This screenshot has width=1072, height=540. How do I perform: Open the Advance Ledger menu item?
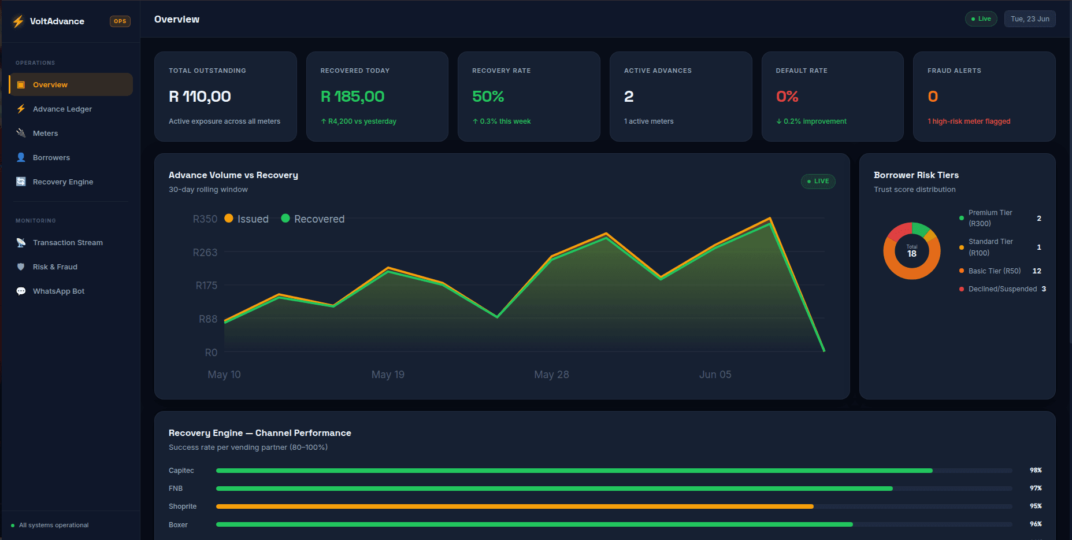62,109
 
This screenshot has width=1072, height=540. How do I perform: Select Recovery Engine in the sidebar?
63,182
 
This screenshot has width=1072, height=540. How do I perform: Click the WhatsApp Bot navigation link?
58,291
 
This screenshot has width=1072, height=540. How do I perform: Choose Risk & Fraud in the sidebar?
55,267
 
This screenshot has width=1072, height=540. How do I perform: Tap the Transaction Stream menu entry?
68,242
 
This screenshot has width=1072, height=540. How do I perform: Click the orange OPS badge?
120,21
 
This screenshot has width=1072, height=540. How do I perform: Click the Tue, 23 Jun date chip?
1030,19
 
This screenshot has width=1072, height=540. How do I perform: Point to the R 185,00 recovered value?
353,97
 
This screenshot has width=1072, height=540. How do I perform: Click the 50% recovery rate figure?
488,97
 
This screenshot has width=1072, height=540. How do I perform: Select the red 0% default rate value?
787,97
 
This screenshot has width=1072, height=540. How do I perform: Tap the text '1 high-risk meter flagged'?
969,121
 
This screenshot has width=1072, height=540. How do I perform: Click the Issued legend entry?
247,219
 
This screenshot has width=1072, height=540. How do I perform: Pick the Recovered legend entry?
313,219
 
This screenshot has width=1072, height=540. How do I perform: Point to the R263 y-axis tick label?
205,252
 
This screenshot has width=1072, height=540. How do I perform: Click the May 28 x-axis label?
551,375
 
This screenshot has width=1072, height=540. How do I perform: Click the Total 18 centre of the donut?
912,251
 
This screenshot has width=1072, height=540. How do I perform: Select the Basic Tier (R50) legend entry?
994,271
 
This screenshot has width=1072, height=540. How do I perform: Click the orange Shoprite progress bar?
515,506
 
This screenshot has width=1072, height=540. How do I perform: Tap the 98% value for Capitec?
1036,471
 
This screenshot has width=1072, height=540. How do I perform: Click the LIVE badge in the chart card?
818,182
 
